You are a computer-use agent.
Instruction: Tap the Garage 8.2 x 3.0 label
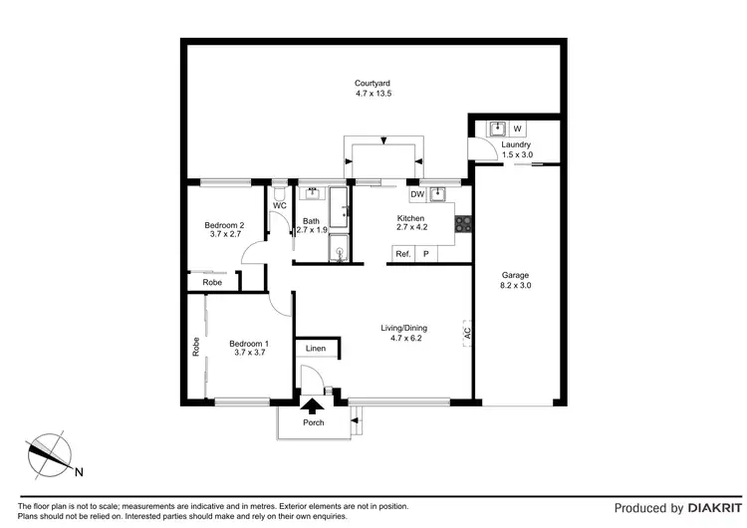515,280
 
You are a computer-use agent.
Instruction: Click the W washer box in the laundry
518,129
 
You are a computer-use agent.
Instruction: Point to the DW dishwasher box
417,194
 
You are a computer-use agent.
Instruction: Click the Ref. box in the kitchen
403,254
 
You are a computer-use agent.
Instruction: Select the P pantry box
426,254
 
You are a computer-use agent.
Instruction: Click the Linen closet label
316,349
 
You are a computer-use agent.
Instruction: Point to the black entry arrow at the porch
314,404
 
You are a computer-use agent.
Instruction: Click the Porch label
314,422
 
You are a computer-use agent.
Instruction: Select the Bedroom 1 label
223,347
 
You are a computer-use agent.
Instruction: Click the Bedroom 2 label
223,230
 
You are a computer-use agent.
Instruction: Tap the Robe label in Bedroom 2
212,283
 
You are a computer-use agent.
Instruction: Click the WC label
280,206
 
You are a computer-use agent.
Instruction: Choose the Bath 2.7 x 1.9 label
312,225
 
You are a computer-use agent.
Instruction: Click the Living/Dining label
402,333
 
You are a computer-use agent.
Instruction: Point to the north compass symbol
47,455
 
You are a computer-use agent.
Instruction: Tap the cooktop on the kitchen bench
461,225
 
